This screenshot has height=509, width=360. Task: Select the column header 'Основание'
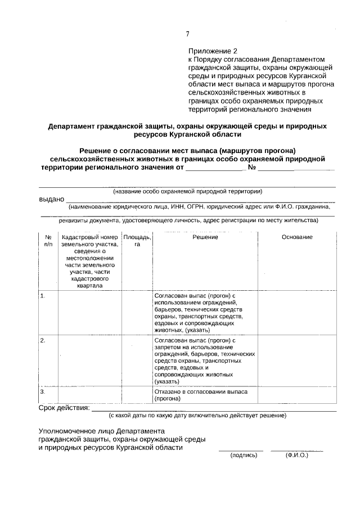click(x=296, y=237)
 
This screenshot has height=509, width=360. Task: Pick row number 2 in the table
click(x=43, y=341)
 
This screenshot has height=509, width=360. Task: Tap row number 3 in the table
click(x=43, y=391)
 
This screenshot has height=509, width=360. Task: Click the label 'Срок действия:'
click(x=64, y=407)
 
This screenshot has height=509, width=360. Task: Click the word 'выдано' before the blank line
click(x=51, y=199)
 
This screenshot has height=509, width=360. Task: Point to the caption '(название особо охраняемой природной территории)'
click(x=187, y=191)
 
